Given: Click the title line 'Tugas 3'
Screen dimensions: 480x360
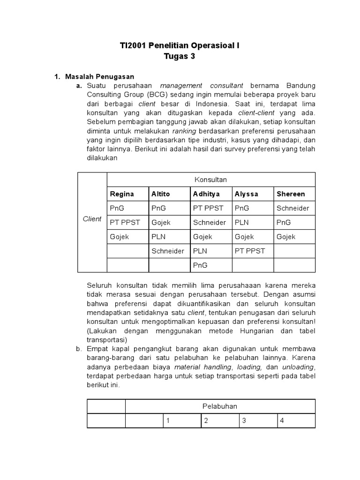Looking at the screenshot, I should coord(180,57).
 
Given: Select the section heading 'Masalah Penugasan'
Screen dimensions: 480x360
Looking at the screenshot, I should coord(99,76).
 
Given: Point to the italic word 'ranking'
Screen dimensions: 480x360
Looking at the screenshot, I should coord(184,131).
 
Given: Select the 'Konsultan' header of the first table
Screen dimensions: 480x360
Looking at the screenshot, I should coord(211,180).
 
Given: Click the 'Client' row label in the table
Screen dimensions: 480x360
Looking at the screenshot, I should coord(92,219).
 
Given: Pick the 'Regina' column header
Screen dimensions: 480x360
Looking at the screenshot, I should coord(122,194).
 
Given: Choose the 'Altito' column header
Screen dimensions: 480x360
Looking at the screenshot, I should coord(161,194).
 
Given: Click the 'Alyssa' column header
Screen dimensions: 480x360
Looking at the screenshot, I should coord(247,194).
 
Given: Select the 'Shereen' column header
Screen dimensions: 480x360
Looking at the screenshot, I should coord(291,194).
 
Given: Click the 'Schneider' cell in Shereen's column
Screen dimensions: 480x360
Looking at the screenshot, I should coord(293,208).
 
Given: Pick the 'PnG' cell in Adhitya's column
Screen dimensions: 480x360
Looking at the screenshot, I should coord(200,265).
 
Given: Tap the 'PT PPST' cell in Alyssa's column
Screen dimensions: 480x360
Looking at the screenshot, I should coord(250,251).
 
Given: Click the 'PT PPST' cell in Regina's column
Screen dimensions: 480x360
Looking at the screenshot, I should coord(125,222).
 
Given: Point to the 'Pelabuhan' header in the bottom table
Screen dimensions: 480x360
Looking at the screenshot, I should coord(220,406).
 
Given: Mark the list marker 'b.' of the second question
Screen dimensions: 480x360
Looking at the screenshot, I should coord(79,349).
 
